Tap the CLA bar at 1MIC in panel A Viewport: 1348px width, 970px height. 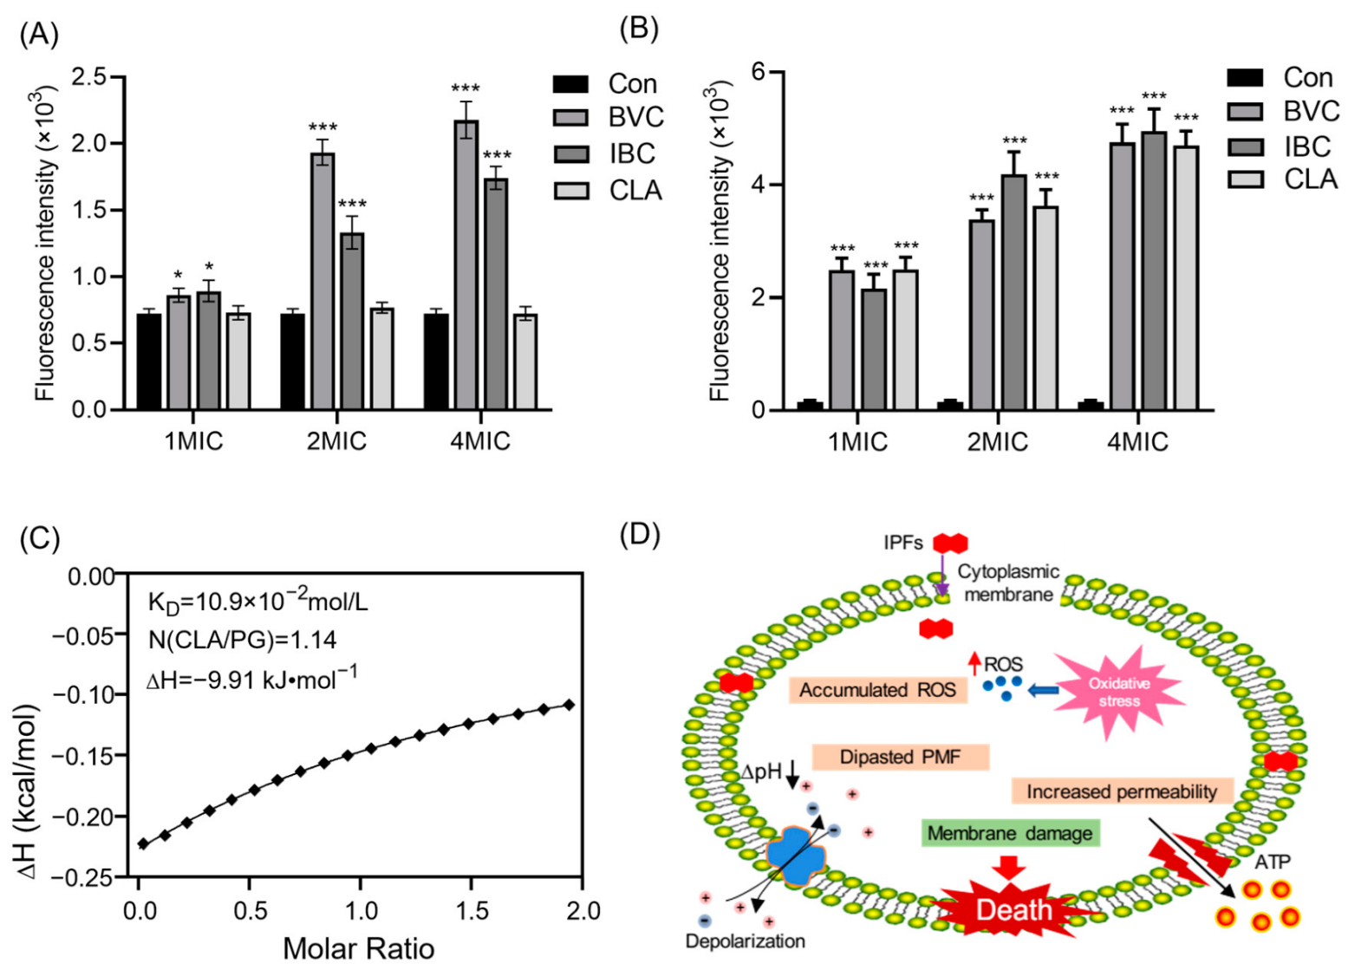click(x=238, y=361)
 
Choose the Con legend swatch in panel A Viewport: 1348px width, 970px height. click(x=570, y=84)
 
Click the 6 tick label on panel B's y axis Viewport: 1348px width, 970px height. click(x=757, y=72)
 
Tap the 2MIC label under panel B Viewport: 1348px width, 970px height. click(x=997, y=442)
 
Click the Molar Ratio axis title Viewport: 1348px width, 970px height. click(x=358, y=948)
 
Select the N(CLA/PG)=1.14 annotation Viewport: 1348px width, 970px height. click(x=243, y=640)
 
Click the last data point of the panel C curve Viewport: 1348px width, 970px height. click(x=570, y=705)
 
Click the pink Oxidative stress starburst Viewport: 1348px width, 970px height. click(x=1119, y=691)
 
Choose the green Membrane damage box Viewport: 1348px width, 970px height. click(x=1009, y=833)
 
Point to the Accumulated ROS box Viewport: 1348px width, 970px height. click(x=877, y=690)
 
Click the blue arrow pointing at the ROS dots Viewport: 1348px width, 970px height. click(x=1042, y=690)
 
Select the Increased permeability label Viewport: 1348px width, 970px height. click(x=1122, y=791)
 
